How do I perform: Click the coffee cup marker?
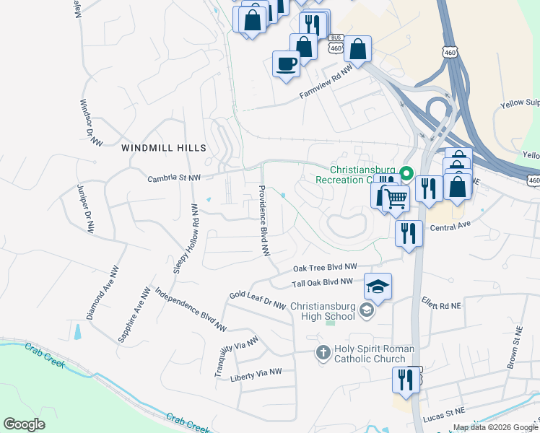286,63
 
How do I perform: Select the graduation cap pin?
378,287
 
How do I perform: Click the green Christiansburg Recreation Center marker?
406,173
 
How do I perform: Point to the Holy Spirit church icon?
323,353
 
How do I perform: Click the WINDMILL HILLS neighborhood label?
164,148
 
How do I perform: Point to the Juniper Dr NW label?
85,209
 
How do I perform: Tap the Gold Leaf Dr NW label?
258,299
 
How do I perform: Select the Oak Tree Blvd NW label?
325,267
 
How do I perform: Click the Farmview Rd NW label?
325,82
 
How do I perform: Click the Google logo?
24,424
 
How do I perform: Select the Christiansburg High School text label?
323,311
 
